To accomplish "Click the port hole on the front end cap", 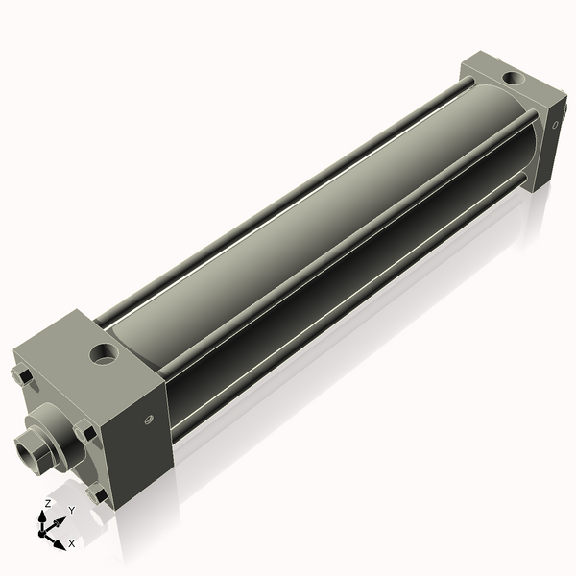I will coord(103,357).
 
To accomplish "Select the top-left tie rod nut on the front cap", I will coord(23,375).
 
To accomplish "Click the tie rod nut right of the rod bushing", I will coord(86,433).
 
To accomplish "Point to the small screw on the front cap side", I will coord(147,418).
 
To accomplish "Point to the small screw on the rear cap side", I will coord(556,122).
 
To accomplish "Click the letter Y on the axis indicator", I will coord(71,512).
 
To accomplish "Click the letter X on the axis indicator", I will coord(71,543).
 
